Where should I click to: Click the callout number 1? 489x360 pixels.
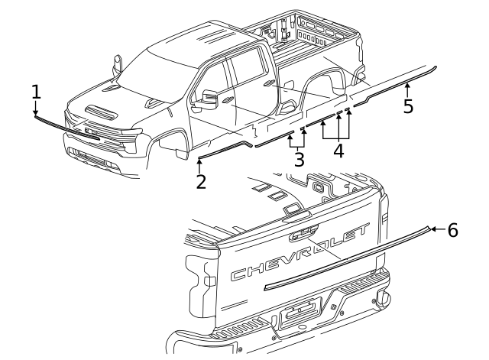(x=36, y=92)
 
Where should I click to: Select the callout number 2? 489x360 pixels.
(x=200, y=182)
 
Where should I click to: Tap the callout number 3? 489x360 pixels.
(x=299, y=160)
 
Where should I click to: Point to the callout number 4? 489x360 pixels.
(x=338, y=150)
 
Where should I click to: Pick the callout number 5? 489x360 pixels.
(x=408, y=105)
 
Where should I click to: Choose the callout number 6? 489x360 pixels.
(x=452, y=229)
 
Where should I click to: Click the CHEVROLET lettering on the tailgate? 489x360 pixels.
(x=302, y=260)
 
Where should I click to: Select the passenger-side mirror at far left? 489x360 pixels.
(x=118, y=64)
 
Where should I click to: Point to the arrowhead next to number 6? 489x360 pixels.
(x=432, y=229)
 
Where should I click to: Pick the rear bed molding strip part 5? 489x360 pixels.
(x=397, y=83)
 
